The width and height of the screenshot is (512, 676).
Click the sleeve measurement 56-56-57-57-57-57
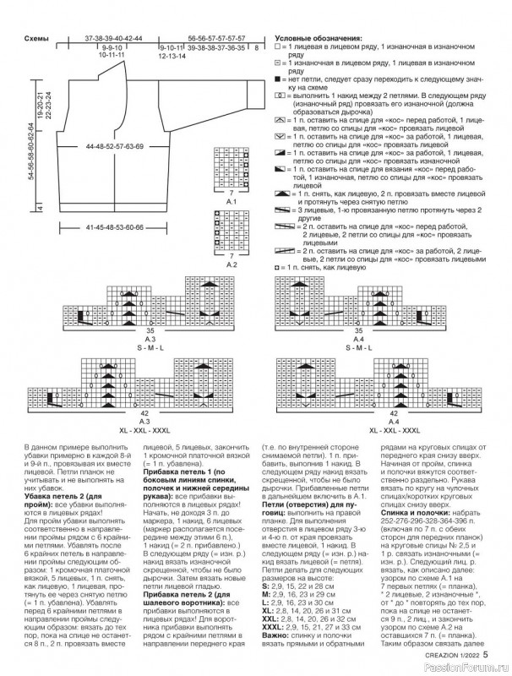(x=216, y=39)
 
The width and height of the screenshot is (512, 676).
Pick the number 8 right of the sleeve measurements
(x=256, y=49)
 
